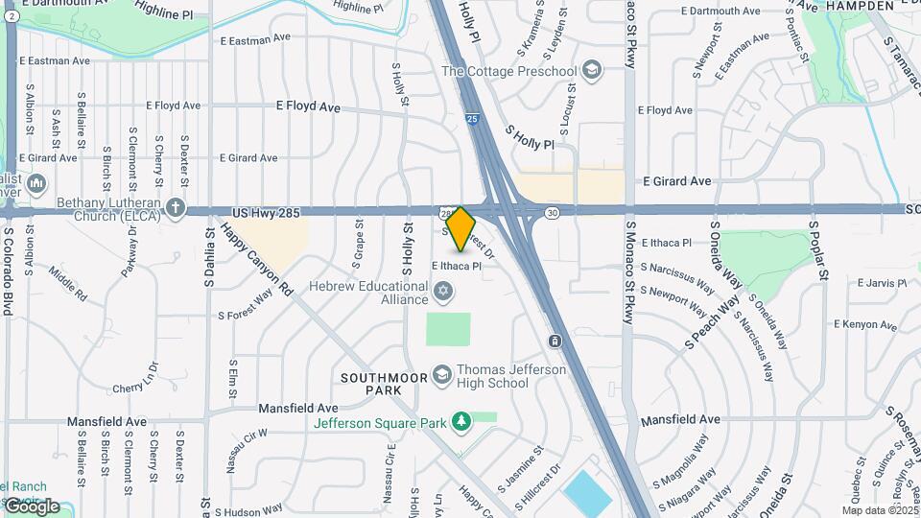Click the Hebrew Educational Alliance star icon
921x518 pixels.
442,290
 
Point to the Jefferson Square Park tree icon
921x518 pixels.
461,422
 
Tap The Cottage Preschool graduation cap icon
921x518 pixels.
592,70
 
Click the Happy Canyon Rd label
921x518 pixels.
256,257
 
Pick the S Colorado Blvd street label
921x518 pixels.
7,271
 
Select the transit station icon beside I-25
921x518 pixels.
555,341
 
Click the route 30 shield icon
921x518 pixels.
552,213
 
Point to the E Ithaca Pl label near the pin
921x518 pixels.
456,266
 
